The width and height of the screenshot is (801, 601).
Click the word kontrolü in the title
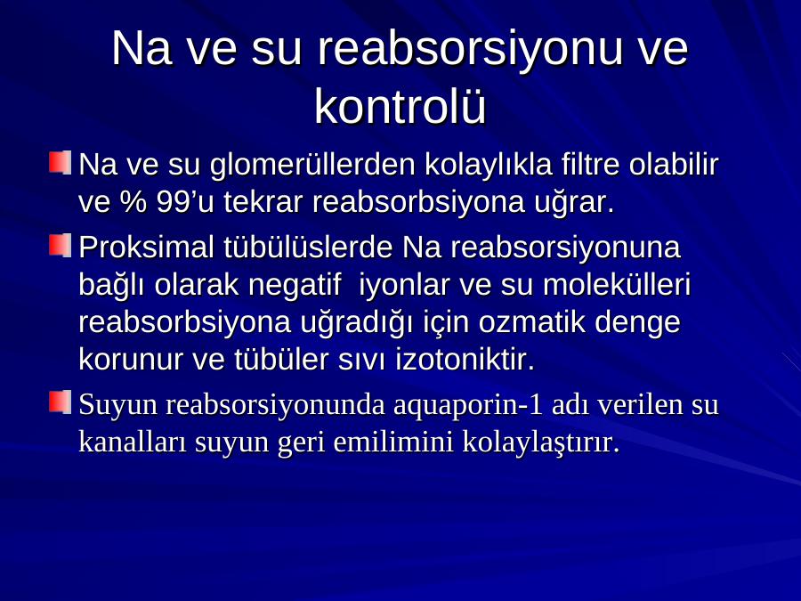[x=400, y=106]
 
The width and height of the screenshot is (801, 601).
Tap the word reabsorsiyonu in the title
[x=469, y=50]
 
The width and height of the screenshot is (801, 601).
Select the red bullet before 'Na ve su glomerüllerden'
[x=61, y=162]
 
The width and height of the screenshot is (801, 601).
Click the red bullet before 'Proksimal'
[x=61, y=245]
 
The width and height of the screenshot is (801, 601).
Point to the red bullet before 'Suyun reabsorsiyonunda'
[x=61, y=402]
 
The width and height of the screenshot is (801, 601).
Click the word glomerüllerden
[x=312, y=165]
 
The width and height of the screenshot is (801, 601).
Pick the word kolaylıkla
[x=489, y=165]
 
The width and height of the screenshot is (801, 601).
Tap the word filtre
[x=591, y=165]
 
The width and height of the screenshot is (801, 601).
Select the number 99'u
[x=185, y=202]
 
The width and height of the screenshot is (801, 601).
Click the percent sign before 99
[x=133, y=202]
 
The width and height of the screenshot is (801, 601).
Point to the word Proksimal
[x=147, y=248]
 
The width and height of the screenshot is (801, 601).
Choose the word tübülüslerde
[x=308, y=248]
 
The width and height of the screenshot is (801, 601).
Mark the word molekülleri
[x=617, y=285]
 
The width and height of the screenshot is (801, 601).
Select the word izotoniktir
[x=465, y=360]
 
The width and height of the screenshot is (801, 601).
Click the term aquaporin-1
[x=468, y=405]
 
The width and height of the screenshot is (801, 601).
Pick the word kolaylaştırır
[x=541, y=443]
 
